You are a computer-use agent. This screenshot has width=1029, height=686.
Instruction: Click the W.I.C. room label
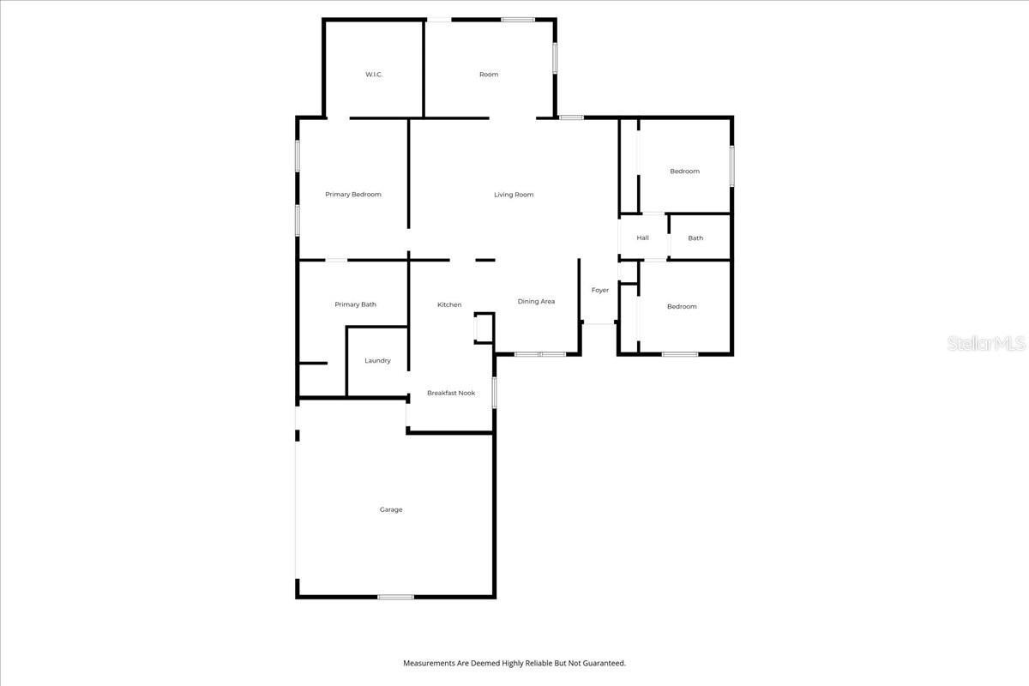tap(374, 75)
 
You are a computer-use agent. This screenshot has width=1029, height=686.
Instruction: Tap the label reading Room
tap(489, 75)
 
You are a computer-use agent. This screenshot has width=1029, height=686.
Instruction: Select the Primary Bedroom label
tap(353, 195)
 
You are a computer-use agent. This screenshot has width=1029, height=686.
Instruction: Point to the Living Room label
tap(514, 195)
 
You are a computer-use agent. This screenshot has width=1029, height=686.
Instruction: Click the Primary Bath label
tap(355, 304)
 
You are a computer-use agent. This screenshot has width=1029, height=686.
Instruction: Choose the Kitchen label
tap(449, 305)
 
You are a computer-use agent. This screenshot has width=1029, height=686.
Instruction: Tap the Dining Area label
tap(536, 302)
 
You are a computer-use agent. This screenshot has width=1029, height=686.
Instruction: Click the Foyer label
tap(600, 290)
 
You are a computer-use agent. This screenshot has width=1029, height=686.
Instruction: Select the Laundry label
tap(377, 361)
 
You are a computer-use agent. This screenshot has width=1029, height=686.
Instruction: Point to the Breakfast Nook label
tap(451, 394)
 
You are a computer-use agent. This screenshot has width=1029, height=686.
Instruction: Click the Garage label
tap(391, 510)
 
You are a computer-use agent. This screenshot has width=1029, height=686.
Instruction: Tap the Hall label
tap(643, 238)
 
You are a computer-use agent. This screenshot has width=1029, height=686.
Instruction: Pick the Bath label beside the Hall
tap(695, 238)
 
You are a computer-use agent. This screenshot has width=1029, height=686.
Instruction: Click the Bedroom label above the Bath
tap(684, 171)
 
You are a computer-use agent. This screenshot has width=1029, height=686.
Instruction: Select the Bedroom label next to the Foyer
tap(682, 307)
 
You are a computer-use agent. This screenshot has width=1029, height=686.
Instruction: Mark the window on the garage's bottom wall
tap(396, 597)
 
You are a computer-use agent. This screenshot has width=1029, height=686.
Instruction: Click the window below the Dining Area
tap(540, 353)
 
